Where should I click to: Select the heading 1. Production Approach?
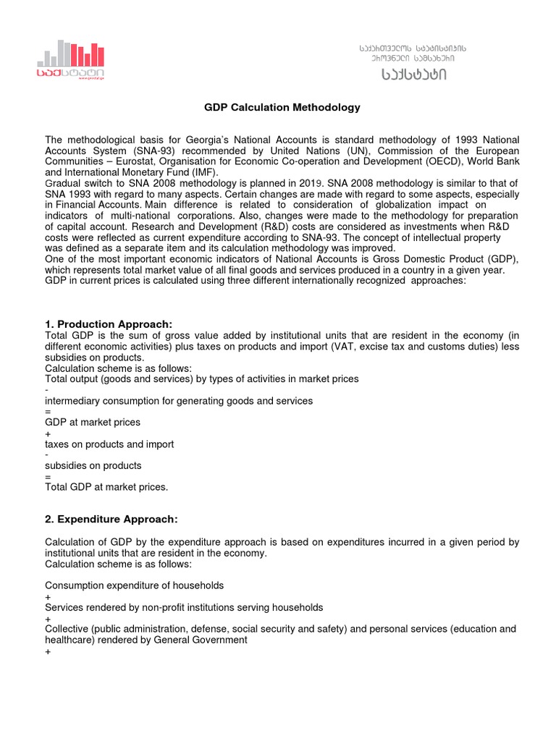[x=109, y=323]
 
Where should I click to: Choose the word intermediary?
[x=73, y=400]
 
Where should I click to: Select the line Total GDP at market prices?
[x=106, y=487]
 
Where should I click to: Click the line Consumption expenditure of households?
[x=135, y=585]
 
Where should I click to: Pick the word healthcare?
[x=69, y=640]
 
